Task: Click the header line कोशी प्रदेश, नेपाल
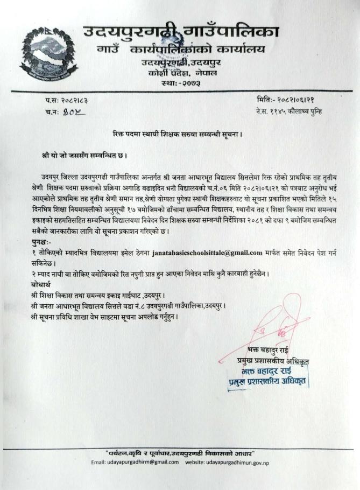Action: pyautogui.click(x=171, y=73)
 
